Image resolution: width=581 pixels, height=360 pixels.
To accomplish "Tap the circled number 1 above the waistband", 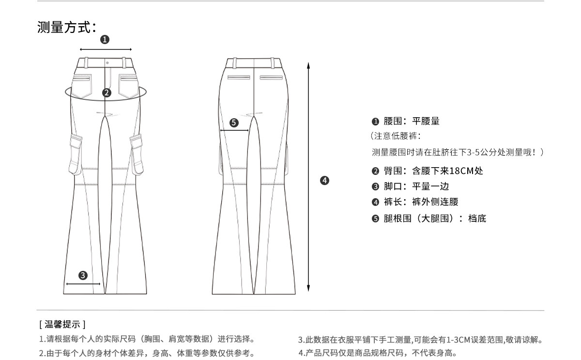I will coord(105,40).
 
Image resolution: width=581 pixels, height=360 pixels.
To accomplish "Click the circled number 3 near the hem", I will coord(83,275).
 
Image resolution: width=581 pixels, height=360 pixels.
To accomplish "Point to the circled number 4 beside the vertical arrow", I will coord(324,181).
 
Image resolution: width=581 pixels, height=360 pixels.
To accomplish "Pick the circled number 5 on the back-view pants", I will coord(234,123).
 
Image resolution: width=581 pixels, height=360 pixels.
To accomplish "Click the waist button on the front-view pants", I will coord(107,63).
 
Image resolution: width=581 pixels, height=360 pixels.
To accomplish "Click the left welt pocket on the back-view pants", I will coord(239,77).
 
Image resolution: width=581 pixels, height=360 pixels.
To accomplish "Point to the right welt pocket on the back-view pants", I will coord(271,77).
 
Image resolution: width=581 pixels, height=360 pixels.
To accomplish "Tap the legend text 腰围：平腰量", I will coord(406,121).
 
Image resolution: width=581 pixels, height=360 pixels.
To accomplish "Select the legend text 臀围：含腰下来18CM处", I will coord(428,171).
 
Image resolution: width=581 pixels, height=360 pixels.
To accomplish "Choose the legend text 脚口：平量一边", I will coord(412,187).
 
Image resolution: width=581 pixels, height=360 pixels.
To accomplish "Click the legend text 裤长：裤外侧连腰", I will coord(415,202).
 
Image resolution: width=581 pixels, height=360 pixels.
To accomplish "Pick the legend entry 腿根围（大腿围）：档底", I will coord(429,219).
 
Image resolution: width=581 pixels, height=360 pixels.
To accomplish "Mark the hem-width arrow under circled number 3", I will coord(83,284).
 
